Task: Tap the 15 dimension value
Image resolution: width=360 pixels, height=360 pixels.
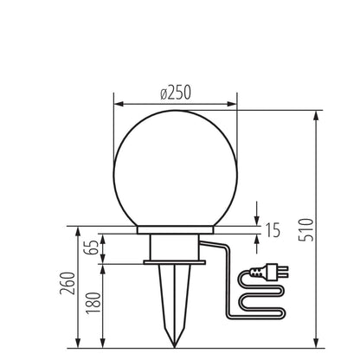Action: (x=272, y=230)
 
